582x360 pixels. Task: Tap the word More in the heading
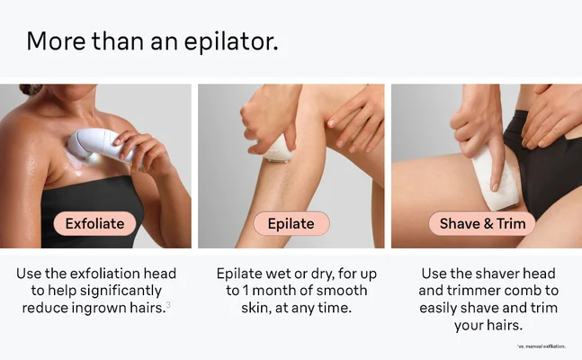[x=56, y=40]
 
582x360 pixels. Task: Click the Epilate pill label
[x=291, y=223]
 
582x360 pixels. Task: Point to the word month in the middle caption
[x=278, y=291]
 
